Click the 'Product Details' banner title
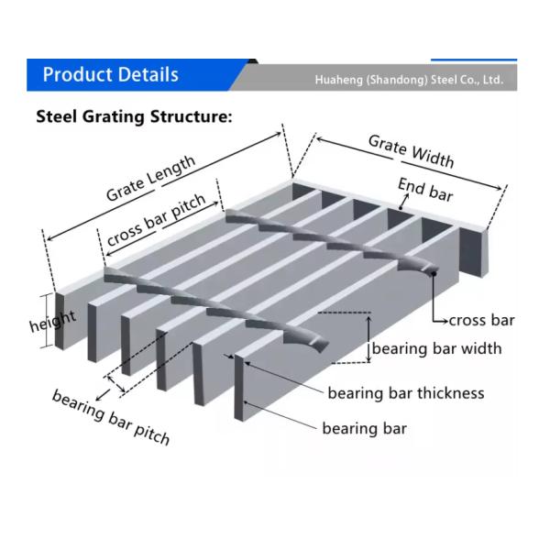(110, 75)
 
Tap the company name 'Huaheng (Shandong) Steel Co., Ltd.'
(409, 80)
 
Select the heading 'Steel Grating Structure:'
(134, 117)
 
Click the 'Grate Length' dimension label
(150, 179)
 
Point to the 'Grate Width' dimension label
(411, 151)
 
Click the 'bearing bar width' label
(436, 348)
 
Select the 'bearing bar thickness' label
(406, 393)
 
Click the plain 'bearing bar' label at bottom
(364, 428)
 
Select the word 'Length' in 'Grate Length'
(172, 170)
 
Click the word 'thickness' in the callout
(450, 393)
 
